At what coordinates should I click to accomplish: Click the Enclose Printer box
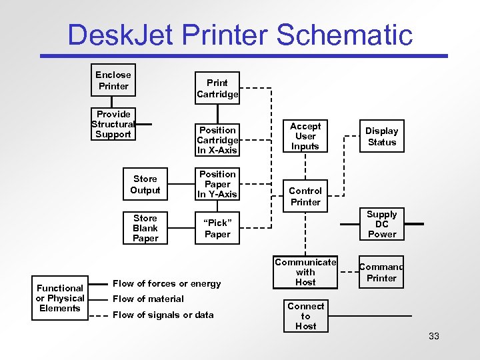coord(113,81)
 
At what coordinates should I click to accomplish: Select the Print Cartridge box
coord(217,89)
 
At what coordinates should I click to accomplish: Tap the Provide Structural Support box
coord(113,124)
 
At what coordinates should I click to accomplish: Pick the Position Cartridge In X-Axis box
coord(217,140)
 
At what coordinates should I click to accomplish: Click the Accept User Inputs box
coord(305,136)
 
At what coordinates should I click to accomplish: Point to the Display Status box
coord(382,137)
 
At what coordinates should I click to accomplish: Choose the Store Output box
coord(145,185)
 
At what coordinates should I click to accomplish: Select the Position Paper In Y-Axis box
coord(217,185)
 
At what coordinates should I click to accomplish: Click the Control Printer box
coord(305,196)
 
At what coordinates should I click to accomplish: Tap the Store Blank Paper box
coord(145,228)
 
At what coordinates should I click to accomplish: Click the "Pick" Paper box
coord(217,229)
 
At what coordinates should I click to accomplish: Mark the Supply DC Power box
coord(382,224)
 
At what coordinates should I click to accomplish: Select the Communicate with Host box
coord(305,272)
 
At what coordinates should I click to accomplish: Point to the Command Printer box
coord(382,273)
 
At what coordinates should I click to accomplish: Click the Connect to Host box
coord(305,316)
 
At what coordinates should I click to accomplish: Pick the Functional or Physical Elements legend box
coord(60,298)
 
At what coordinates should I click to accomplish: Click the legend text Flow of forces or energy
coord(167,283)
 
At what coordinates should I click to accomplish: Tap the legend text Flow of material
coord(148,299)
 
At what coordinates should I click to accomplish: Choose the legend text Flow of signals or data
coord(163,315)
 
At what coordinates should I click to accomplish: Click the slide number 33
coord(434,336)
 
